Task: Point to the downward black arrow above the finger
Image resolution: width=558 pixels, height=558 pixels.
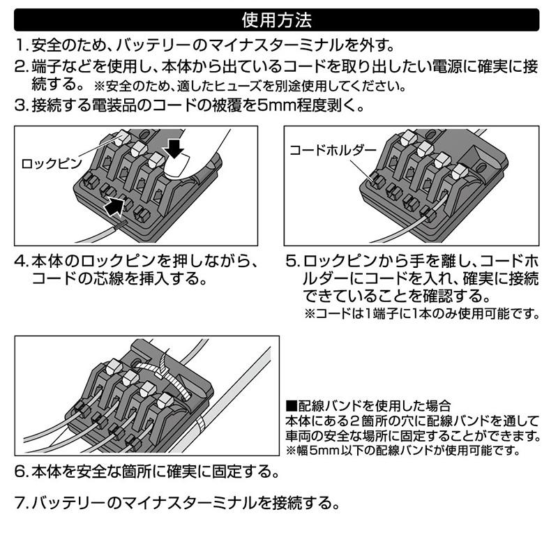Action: coord(174,146)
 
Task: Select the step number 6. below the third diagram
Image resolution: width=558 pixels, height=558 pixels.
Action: coord(22,472)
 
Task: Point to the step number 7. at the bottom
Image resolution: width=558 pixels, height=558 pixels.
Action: coord(22,502)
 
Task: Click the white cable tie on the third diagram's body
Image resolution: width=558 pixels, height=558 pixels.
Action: coord(164,377)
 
